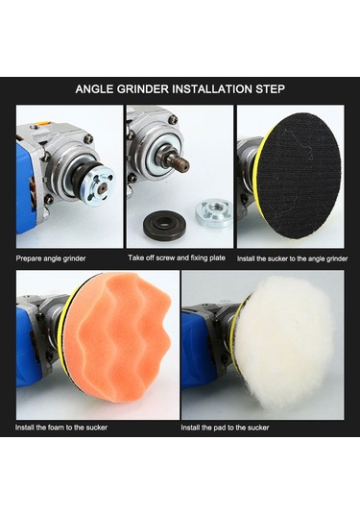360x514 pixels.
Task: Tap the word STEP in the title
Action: pyautogui.click(x=270, y=89)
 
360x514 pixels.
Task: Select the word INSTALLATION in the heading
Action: pyautogui.click(x=212, y=89)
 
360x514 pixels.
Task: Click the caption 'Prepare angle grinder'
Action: pyautogui.click(x=51, y=258)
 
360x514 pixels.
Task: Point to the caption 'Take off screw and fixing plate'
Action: pyautogui.click(x=177, y=258)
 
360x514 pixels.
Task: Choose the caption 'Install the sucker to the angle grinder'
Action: pyautogui.click(x=292, y=258)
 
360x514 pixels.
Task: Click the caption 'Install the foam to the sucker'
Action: pyautogui.click(x=61, y=428)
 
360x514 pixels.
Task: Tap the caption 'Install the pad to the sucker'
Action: pyautogui.click(x=225, y=428)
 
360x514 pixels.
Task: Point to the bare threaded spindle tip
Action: pyautogui.click(x=182, y=162)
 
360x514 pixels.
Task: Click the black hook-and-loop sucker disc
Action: pyautogui.click(x=299, y=176)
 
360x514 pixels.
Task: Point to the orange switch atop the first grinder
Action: pyautogui.click(x=42, y=123)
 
